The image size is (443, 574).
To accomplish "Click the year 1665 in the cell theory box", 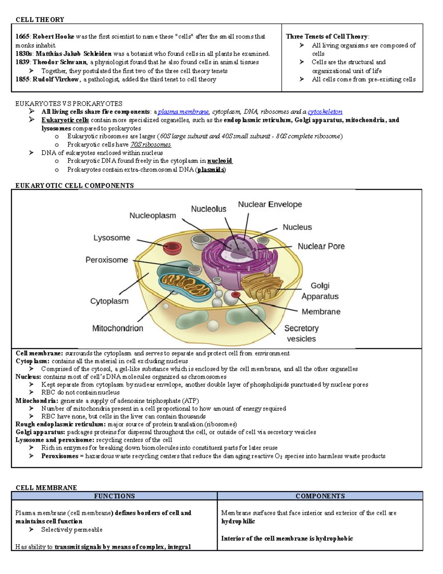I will (x=23, y=37).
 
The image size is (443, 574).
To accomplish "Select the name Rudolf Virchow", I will (x=56, y=79).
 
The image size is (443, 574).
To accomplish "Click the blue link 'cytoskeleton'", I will (x=325, y=112).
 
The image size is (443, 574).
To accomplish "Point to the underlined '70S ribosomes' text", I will (x=151, y=145).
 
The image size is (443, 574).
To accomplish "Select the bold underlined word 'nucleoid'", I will (x=220, y=161).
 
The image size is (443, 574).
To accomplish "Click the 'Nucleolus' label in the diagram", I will (x=209, y=209).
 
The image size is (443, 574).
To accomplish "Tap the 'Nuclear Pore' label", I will (x=321, y=246).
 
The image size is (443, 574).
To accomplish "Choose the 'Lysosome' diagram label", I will (x=111, y=238).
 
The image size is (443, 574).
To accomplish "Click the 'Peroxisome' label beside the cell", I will (x=107, y=260).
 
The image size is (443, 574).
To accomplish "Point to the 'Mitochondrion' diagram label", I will (x=117, y=328).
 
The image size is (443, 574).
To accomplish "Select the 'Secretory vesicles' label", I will (x=301, y=333).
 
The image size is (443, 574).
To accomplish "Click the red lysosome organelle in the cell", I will (x=172, y=248).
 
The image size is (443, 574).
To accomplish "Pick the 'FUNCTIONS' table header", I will (x=114, y=496).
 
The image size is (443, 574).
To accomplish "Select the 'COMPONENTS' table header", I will (x=320, y=496).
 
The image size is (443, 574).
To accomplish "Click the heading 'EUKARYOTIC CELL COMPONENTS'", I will (x=75, y=186).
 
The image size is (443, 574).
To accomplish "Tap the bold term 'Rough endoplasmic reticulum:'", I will (x=61, y=424).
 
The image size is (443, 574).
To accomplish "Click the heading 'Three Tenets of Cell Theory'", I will (x=327, y=37).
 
